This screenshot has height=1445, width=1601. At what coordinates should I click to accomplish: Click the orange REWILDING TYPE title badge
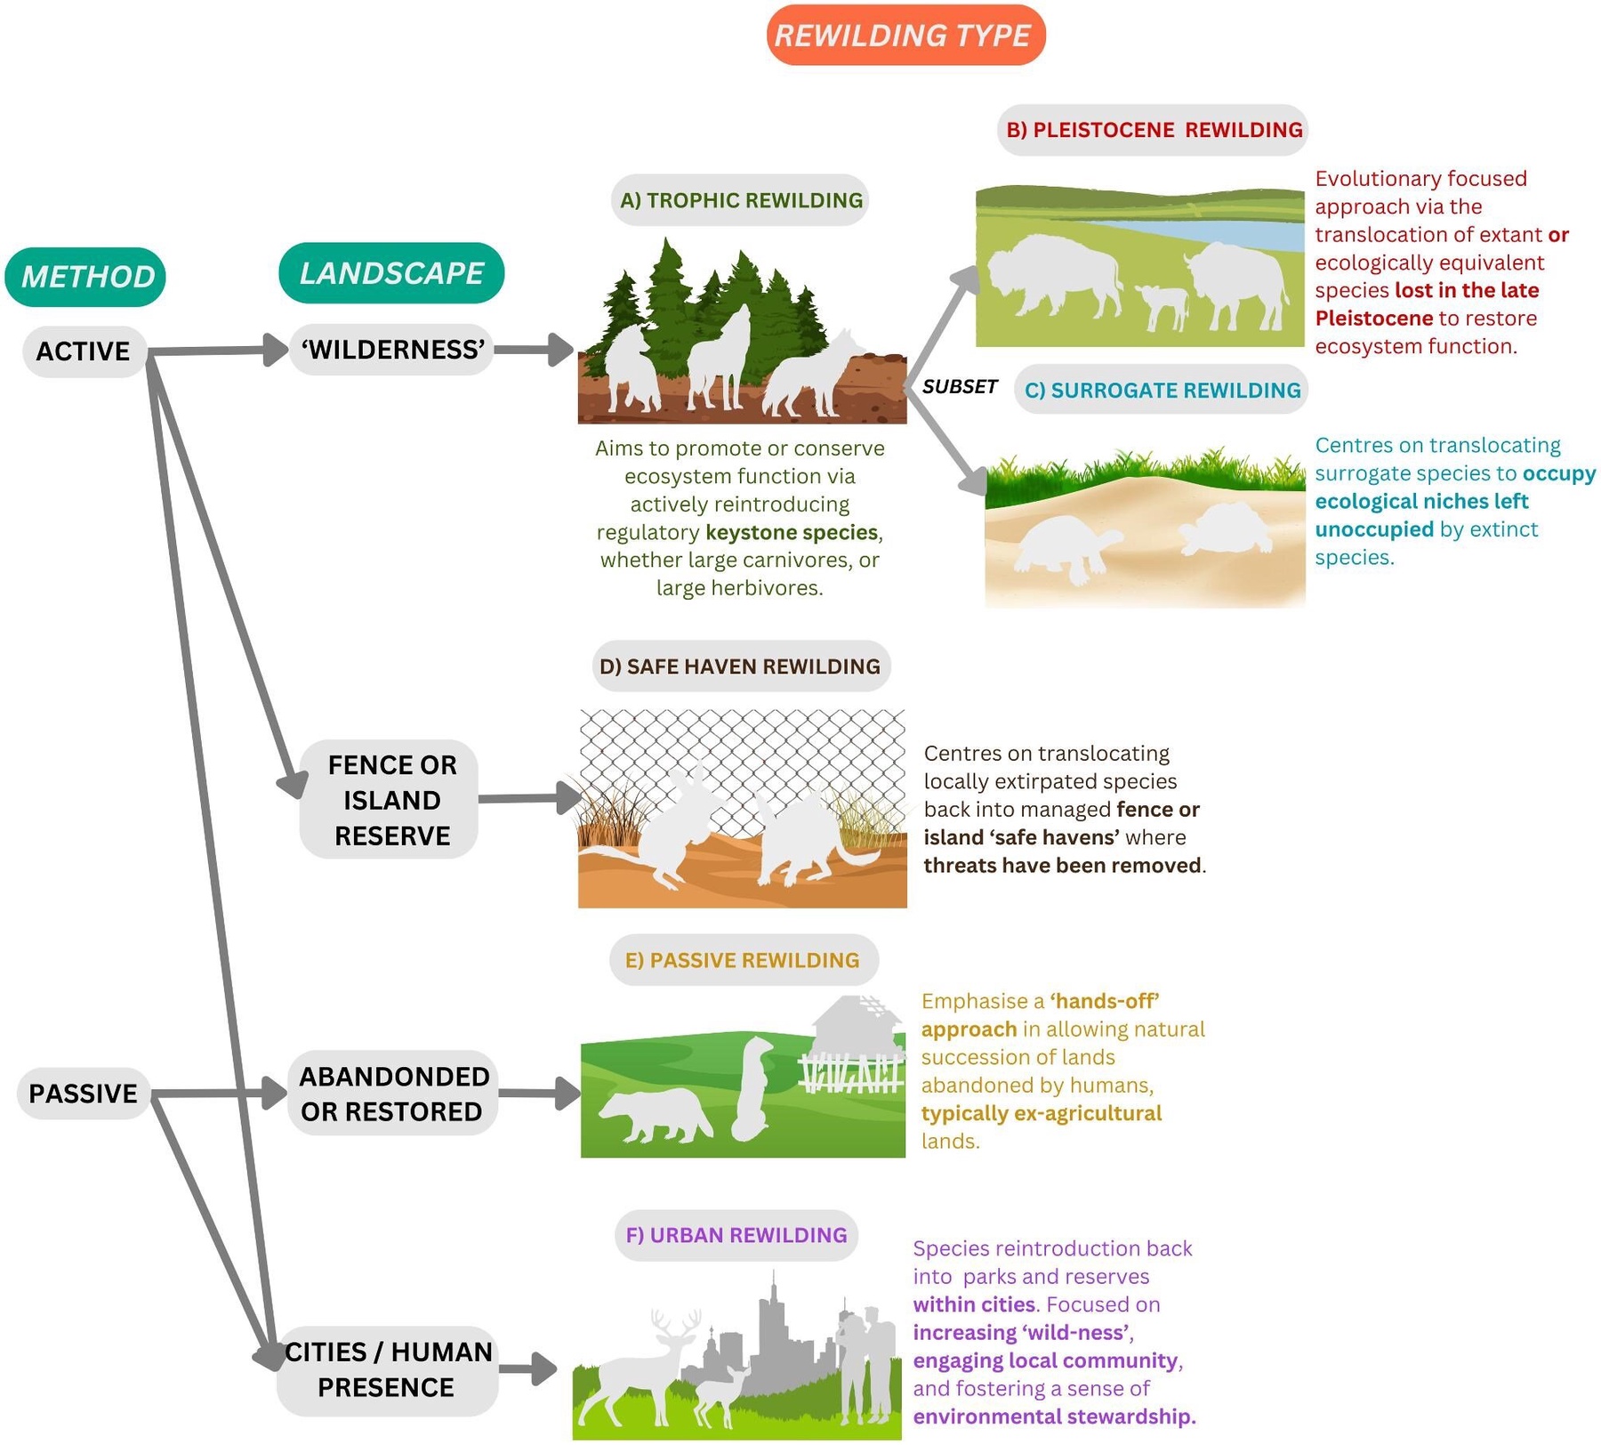tap(905, 36)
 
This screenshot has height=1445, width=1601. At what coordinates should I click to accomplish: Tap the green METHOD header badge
tap(86, 277)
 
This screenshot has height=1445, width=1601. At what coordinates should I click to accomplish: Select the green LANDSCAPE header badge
tap(391, 273)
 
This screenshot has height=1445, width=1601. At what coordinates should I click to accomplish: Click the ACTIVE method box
tap(84, 351)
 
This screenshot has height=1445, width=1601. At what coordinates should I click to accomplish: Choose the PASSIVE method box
tap(84, 1094)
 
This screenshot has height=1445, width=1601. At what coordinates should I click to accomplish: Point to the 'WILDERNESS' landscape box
tap(392, 350)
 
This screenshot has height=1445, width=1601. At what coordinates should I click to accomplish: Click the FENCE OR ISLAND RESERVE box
tap(391, 800)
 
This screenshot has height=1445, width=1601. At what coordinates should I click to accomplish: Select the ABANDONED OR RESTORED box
tap(392, 1094)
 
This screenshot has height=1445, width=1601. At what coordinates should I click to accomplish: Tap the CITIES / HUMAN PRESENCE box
tap(388, 1369)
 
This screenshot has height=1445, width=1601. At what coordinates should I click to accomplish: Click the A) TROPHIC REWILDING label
tap(741, 200)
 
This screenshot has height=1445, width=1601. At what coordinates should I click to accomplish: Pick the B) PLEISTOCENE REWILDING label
tap(1154, 130)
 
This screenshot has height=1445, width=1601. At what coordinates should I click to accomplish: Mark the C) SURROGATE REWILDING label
tap(1162, 390)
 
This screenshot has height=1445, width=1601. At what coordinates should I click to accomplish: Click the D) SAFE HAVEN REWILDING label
tap(740, 666)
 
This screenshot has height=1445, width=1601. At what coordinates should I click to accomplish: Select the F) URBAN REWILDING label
tap(736, 1235)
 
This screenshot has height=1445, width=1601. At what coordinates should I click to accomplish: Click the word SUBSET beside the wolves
tap(960, 386)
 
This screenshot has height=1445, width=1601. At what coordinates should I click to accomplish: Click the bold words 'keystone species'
tap(792, 532)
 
